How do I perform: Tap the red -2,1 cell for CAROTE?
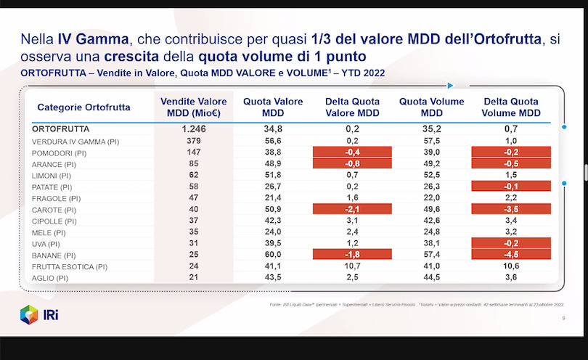click(352, 210)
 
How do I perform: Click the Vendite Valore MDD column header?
click(193, 107)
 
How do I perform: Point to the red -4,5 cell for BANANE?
click(510, 254)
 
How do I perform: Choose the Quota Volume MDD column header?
click(431, 107)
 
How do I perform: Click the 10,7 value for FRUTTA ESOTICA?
click(352, 266)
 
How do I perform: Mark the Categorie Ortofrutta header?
click(83, 107)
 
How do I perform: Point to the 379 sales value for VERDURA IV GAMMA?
click(192, 141)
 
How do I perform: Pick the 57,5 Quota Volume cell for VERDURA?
click(431, 141)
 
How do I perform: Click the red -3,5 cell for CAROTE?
click(510, 210)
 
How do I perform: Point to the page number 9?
click(564, 319)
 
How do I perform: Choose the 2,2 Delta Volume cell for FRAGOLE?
click(510, 197)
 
